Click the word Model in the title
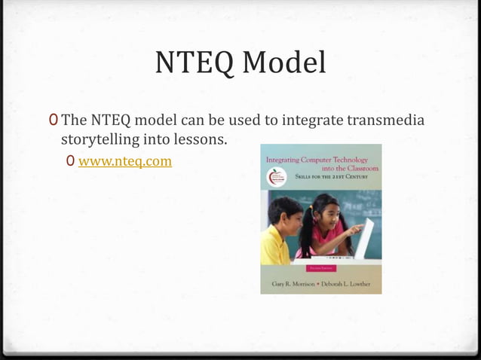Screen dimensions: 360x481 (283, 64)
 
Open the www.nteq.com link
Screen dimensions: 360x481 (125, 161)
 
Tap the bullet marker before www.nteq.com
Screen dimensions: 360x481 (70, 161)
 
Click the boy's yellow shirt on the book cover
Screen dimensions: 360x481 (274, 246)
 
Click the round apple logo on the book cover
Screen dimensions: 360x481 (273, 178)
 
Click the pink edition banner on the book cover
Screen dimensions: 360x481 (320, 267)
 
